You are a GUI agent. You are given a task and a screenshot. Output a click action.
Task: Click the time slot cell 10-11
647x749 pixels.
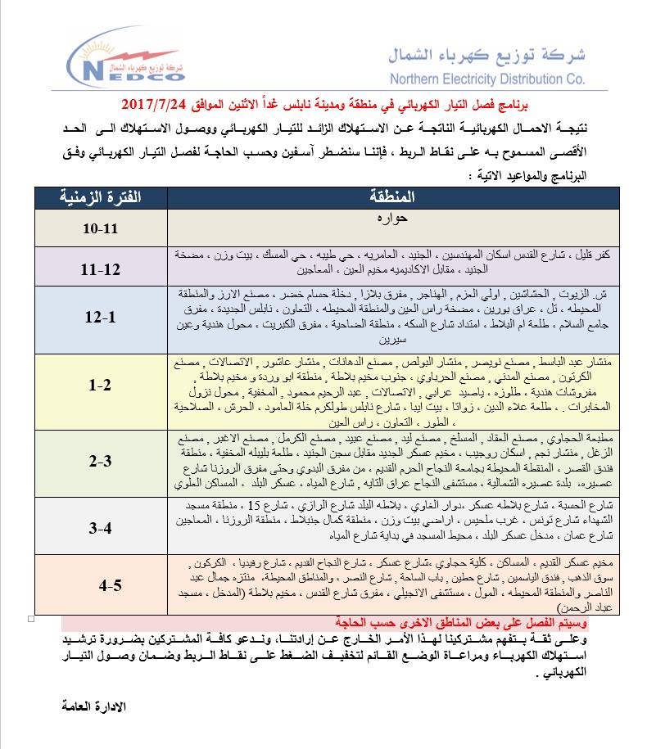point(101,228)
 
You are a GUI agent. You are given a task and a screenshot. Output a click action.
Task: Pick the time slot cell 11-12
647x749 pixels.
point(101,268)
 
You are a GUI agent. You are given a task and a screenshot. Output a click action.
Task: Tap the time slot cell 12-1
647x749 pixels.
point(101,318)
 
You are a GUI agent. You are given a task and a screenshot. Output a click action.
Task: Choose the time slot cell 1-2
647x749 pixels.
point(101,385)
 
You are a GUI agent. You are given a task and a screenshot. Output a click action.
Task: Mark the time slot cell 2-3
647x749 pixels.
point(101,461)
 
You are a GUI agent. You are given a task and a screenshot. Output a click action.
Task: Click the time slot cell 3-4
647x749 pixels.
point(101,529)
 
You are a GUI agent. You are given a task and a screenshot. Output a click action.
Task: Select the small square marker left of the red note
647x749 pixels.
point(31,617)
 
